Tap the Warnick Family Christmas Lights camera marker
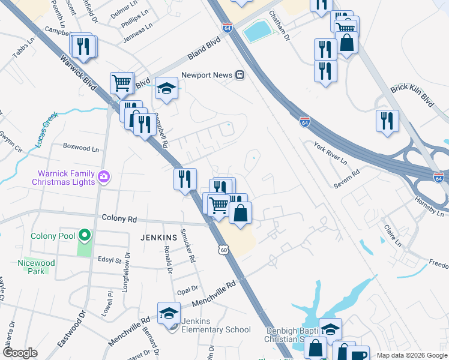click(104, 177)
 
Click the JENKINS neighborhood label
click(158, 238)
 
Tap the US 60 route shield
click(223, 248)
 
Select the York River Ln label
click(330, 154)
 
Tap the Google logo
click(20, 352)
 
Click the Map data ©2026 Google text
click(412, 355)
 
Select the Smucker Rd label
click(191, 248)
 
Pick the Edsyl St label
click(110, 261)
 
